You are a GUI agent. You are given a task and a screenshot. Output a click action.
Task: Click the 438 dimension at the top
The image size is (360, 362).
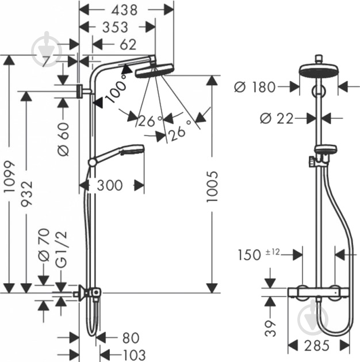tap(124, 10)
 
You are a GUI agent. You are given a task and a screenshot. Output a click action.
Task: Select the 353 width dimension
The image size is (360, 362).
tap(115, 27)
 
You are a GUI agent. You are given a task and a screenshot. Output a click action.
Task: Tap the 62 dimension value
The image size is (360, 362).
tap(128, 44)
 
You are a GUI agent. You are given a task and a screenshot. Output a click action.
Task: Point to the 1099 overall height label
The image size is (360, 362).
tap(10, 176)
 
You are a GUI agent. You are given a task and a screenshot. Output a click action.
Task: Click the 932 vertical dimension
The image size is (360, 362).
tap(26, 194)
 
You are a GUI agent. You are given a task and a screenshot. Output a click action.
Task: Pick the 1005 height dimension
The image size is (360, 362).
tap(212, 187)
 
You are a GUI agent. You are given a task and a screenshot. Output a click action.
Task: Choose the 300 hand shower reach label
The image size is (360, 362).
tap(110, 185)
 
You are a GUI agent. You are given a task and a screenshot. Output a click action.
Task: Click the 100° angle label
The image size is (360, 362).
tap(117, 89)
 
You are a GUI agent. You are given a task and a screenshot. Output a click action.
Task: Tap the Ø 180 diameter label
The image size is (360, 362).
tap(255, 87)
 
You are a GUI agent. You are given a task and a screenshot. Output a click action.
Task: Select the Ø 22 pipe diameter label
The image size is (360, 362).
tap(277, 118)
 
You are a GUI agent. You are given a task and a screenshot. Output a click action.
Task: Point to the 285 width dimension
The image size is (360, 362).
tap(316, 345)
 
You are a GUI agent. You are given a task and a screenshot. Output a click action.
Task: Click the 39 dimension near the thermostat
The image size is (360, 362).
tap(270, 328)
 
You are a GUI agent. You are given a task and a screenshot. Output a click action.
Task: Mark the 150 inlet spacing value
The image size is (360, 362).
tap(250, 255)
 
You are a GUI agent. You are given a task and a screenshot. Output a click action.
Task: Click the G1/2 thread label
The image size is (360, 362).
tap(62, 249)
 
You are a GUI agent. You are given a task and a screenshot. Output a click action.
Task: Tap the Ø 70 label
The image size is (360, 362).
tap(44, 245)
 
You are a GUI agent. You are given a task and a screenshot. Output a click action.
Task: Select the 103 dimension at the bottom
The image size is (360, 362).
tap(134, 356)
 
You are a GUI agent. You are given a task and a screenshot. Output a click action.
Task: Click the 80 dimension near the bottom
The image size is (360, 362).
tap(131, 338)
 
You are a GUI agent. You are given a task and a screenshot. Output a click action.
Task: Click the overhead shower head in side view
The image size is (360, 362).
tap(154, 71)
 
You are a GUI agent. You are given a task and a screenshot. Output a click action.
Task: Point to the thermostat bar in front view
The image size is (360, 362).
tap(319, 292)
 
